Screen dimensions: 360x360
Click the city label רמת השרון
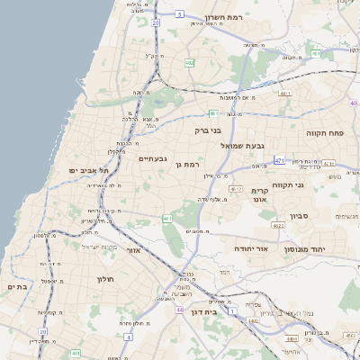[251, 17]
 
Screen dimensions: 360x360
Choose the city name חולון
[108, 278]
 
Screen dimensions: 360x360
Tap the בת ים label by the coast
[16, 286]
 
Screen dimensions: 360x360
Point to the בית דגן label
[206, 311]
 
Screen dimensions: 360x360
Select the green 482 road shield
[189, 63]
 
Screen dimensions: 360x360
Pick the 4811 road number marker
[286, 93]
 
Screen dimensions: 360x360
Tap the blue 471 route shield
[279, 160]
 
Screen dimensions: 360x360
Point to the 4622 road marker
[278, 226]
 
